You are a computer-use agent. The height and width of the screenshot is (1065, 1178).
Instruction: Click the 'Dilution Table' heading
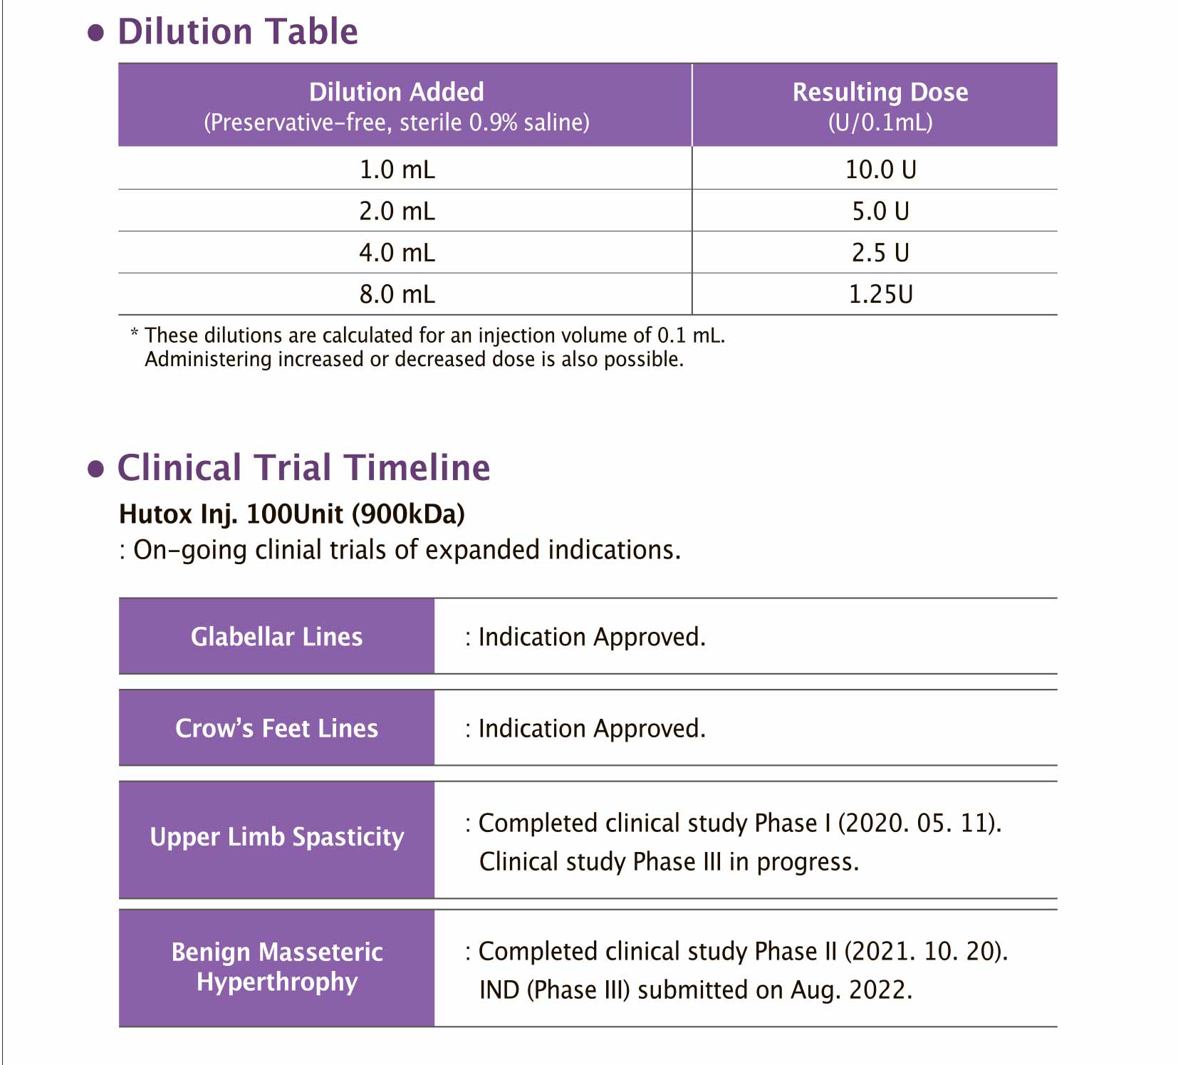pos(237,32)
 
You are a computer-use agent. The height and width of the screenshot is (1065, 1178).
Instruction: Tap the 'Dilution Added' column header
pos(397,93)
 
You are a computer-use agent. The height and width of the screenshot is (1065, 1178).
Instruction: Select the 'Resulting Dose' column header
pos(880,93)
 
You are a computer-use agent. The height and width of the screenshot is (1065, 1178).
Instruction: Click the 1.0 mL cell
pos(397,170)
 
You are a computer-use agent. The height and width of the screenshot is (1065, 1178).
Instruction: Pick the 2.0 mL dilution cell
pos(397,211)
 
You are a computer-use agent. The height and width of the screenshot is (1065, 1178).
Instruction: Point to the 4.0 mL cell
pos(397,252)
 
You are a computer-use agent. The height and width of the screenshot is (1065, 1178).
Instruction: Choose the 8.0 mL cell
pos(397,294)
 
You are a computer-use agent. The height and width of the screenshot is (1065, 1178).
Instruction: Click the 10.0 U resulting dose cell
pos(880,170)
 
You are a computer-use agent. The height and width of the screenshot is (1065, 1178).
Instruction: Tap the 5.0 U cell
pos(880,211)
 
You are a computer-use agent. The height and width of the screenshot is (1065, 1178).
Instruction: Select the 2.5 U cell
pos(880,252)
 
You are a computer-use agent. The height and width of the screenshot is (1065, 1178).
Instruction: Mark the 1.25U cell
pos(880,294)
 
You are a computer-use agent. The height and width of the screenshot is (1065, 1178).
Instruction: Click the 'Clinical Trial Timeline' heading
pos(303,468)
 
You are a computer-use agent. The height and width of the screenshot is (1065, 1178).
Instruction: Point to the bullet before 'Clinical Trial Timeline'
pos(95,469)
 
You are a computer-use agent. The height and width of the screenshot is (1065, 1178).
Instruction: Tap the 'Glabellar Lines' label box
pos(276,636)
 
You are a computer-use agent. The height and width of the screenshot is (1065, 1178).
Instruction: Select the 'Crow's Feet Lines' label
pos(276,728)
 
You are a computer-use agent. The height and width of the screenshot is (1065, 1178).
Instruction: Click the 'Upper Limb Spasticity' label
pos(276,837)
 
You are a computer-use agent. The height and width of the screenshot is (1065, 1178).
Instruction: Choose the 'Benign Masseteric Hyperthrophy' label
pos(276,967)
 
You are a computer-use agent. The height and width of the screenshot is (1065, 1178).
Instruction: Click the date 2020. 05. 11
pos(919,824)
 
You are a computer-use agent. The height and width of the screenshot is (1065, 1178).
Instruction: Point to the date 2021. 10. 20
pos(925,952)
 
